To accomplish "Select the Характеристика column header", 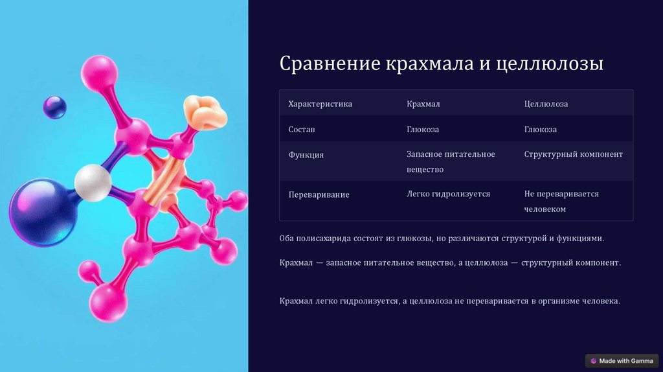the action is tap(320, 104).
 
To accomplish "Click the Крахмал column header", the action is tap(423, 104).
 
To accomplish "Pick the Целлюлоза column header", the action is tap(546, 104).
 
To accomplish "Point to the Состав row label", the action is tap(302, 129).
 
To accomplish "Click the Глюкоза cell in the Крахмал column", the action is tap(423, 129).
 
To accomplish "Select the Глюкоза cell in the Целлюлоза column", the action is tap(541, 129).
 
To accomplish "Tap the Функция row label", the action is tap(306, 155).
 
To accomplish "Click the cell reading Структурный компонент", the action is tap(574, 154).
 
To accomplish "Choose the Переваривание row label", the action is tap(319, 194).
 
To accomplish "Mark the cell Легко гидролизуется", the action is tap(448, 194).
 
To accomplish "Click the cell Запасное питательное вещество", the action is tap(451, 161).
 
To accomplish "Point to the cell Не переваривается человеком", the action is tap(561, 202).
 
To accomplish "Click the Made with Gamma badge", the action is tap(622, 361).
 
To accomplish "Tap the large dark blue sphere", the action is tap(42, 213).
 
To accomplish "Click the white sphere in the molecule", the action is tap(93, 182).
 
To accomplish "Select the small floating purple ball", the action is tap(54, 107).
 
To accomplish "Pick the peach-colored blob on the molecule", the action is tap(205, 113).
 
